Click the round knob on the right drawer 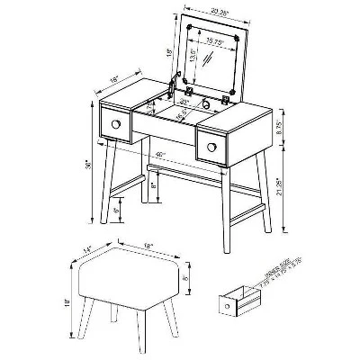pos(215,143)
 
